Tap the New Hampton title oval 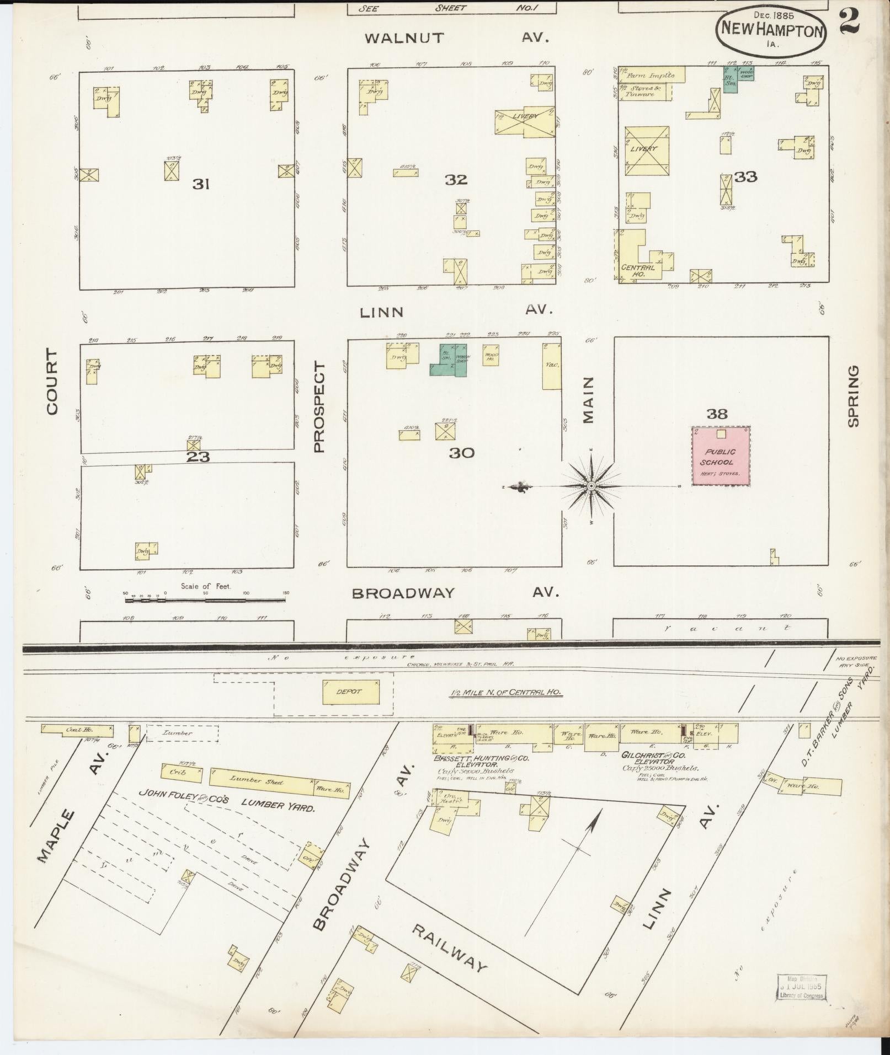tap(772, 33)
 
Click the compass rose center tap(591, 486)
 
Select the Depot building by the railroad tap(351, 692)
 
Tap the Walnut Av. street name tap(404, 38)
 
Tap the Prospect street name tap(320, 406)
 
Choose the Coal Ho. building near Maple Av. tap(77, 729)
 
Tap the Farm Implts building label tap(653, 75)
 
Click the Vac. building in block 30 tap(551, 365)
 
